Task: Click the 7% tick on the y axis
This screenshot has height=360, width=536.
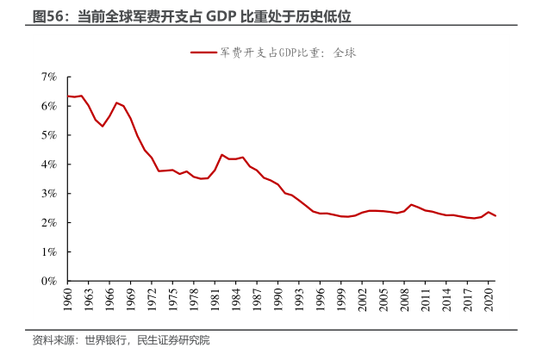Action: coord(49,77)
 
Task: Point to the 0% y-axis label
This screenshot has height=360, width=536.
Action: coord(49,281)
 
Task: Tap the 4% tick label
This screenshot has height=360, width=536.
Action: coord(49,164)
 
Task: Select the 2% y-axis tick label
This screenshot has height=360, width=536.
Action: coord(49,223)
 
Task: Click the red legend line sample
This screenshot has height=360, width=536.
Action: coord(203,53)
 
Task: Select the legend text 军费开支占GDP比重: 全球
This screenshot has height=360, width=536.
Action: coord(288,53)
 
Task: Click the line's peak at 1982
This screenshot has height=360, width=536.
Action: coord(221,155)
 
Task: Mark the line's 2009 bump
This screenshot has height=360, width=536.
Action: coord(412,205)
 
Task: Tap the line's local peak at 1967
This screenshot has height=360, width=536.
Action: coord(116,102)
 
